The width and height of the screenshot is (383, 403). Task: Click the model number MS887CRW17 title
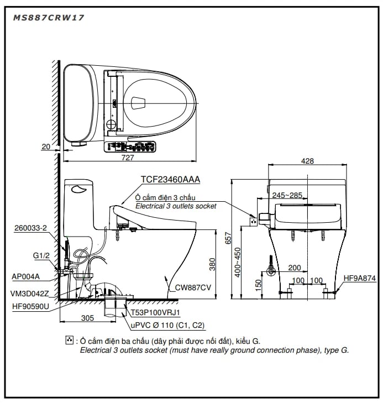48,18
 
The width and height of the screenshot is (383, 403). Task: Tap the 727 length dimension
128,158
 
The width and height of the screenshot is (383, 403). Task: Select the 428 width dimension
308,161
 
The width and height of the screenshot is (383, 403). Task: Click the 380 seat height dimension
212,265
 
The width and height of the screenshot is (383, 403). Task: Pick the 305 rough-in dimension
87,318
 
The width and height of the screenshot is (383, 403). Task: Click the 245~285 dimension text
287,195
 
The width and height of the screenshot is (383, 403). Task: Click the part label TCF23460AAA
170,180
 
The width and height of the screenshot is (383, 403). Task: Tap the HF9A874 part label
359,278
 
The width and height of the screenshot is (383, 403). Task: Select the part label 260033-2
30,228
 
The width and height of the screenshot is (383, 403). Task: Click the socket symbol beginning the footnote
69,340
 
